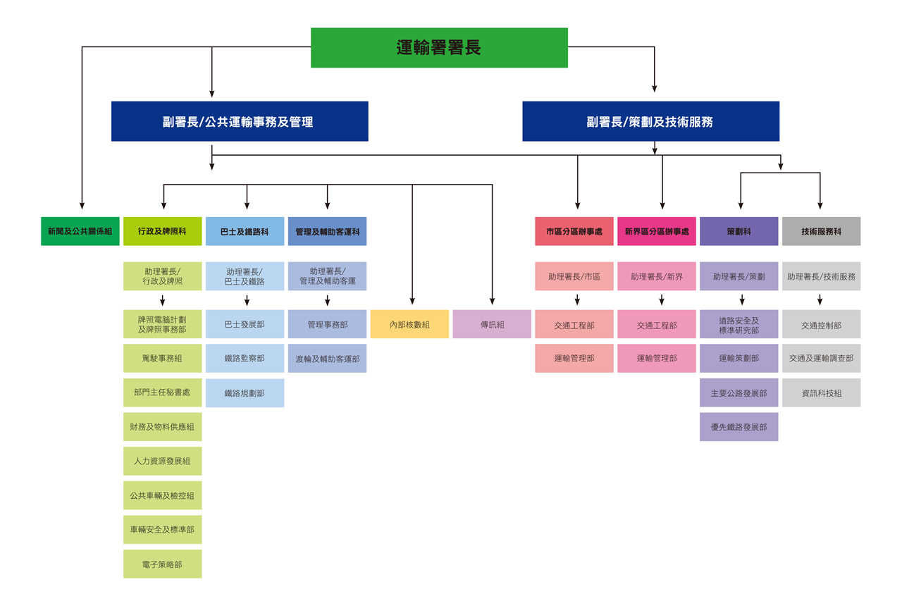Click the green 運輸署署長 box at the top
click(439, 48)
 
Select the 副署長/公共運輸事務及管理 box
click(240, 121)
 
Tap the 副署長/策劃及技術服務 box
click(650, 121)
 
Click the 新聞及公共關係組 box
click(80, 231)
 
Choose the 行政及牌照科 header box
click(162, 231)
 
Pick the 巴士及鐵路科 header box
click(245, 231)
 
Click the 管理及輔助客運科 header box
click(327, 231)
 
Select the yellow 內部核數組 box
click(409, 324)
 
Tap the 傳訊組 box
click(492, 324)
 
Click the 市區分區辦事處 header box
click(574, 231)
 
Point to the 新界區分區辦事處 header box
click(657, 231)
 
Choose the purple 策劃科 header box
click(739, 231)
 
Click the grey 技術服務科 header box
click(821, 231)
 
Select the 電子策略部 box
click(162, 564)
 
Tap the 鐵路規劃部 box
click(245, 392)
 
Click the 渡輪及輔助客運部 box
click(327, 359)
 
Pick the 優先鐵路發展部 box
click(739, 427)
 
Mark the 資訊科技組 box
click(821, 392)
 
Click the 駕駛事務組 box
click(162, 359)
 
